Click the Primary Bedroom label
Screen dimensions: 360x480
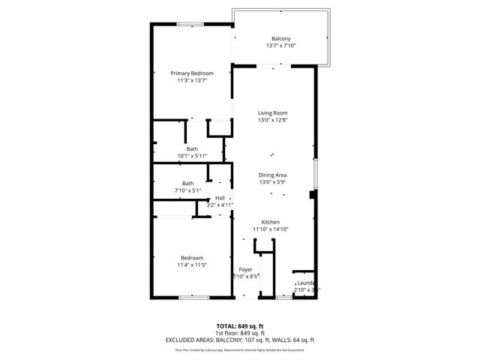(192, 73)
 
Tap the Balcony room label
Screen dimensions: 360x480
(280, 39)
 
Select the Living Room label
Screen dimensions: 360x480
(272, 113)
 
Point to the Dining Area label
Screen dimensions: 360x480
(272, 175)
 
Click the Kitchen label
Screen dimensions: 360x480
(270, 222)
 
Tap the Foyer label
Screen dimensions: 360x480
(245, 269)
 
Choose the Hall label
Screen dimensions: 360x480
(220, 198)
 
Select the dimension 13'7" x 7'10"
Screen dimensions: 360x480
(280, 46)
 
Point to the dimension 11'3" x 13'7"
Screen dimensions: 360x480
(192, 80)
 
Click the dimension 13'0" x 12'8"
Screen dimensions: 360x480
(272, 120)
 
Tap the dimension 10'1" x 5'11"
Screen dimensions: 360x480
(193, 156)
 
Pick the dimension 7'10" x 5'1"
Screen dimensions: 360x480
(187, 190)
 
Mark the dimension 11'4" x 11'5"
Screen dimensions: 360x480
(192, 265)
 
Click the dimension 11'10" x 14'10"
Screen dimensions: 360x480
(270, 229)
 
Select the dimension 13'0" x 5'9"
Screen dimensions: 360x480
(272, 181)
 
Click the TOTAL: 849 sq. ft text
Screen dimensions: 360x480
(239, 326)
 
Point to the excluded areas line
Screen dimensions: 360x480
(239, 340)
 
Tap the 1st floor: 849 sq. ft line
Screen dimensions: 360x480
(239, 333)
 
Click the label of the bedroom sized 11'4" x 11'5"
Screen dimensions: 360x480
(192, 258)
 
